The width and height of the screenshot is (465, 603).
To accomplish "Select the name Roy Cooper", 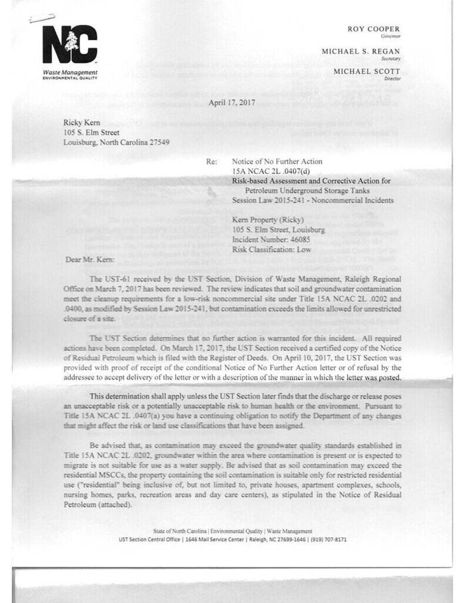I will click(373, 28).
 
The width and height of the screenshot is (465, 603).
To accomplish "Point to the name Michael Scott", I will click(367, 71).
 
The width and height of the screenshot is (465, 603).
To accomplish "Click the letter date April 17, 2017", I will click(232, 102).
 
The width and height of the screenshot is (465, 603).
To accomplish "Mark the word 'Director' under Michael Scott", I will click(392, 78).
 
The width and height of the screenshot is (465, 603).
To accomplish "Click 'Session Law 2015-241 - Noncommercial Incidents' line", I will click(313, 200).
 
